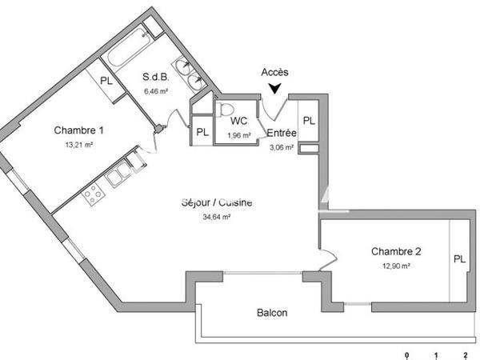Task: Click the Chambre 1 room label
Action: [x=78, y=130]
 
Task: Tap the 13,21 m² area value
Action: [x=78, y=146]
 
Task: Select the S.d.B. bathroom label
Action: [x=155, y=78]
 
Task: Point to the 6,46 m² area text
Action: [x=155, y=91]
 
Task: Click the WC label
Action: [x=239, y=122]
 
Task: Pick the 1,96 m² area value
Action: [x=239, y=134]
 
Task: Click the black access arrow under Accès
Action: [x=276, y=89]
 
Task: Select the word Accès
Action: [x=275, y=72]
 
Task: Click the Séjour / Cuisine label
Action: [x=217, y=202]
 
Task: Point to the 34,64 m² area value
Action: [x=217, y=216]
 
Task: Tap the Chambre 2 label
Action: [x=396, y=251]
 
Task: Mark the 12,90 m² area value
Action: [x=396, y=266]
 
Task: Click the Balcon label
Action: [x=272, y=313]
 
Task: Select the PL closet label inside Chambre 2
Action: [x=458, y=259]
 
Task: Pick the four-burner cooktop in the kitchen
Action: [x=93, y=193]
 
